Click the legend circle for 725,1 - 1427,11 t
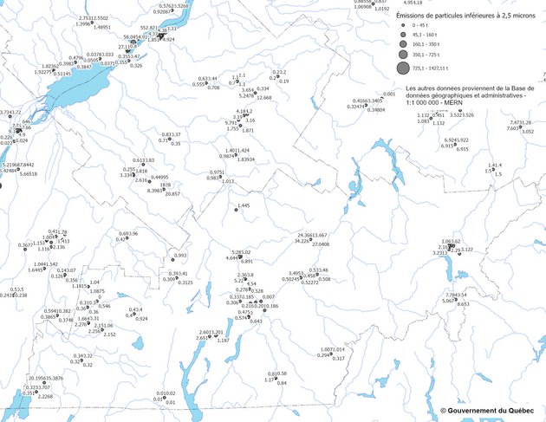(x=403, y=68)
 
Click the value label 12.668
(x=263, y=98)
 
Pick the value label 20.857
(x=172, y=194)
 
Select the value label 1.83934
(x=246, y=160)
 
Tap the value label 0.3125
(x=185, y=282)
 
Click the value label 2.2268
(x=45, y=396)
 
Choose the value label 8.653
(x=463, y=305)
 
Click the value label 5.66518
(x=29, y=174)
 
